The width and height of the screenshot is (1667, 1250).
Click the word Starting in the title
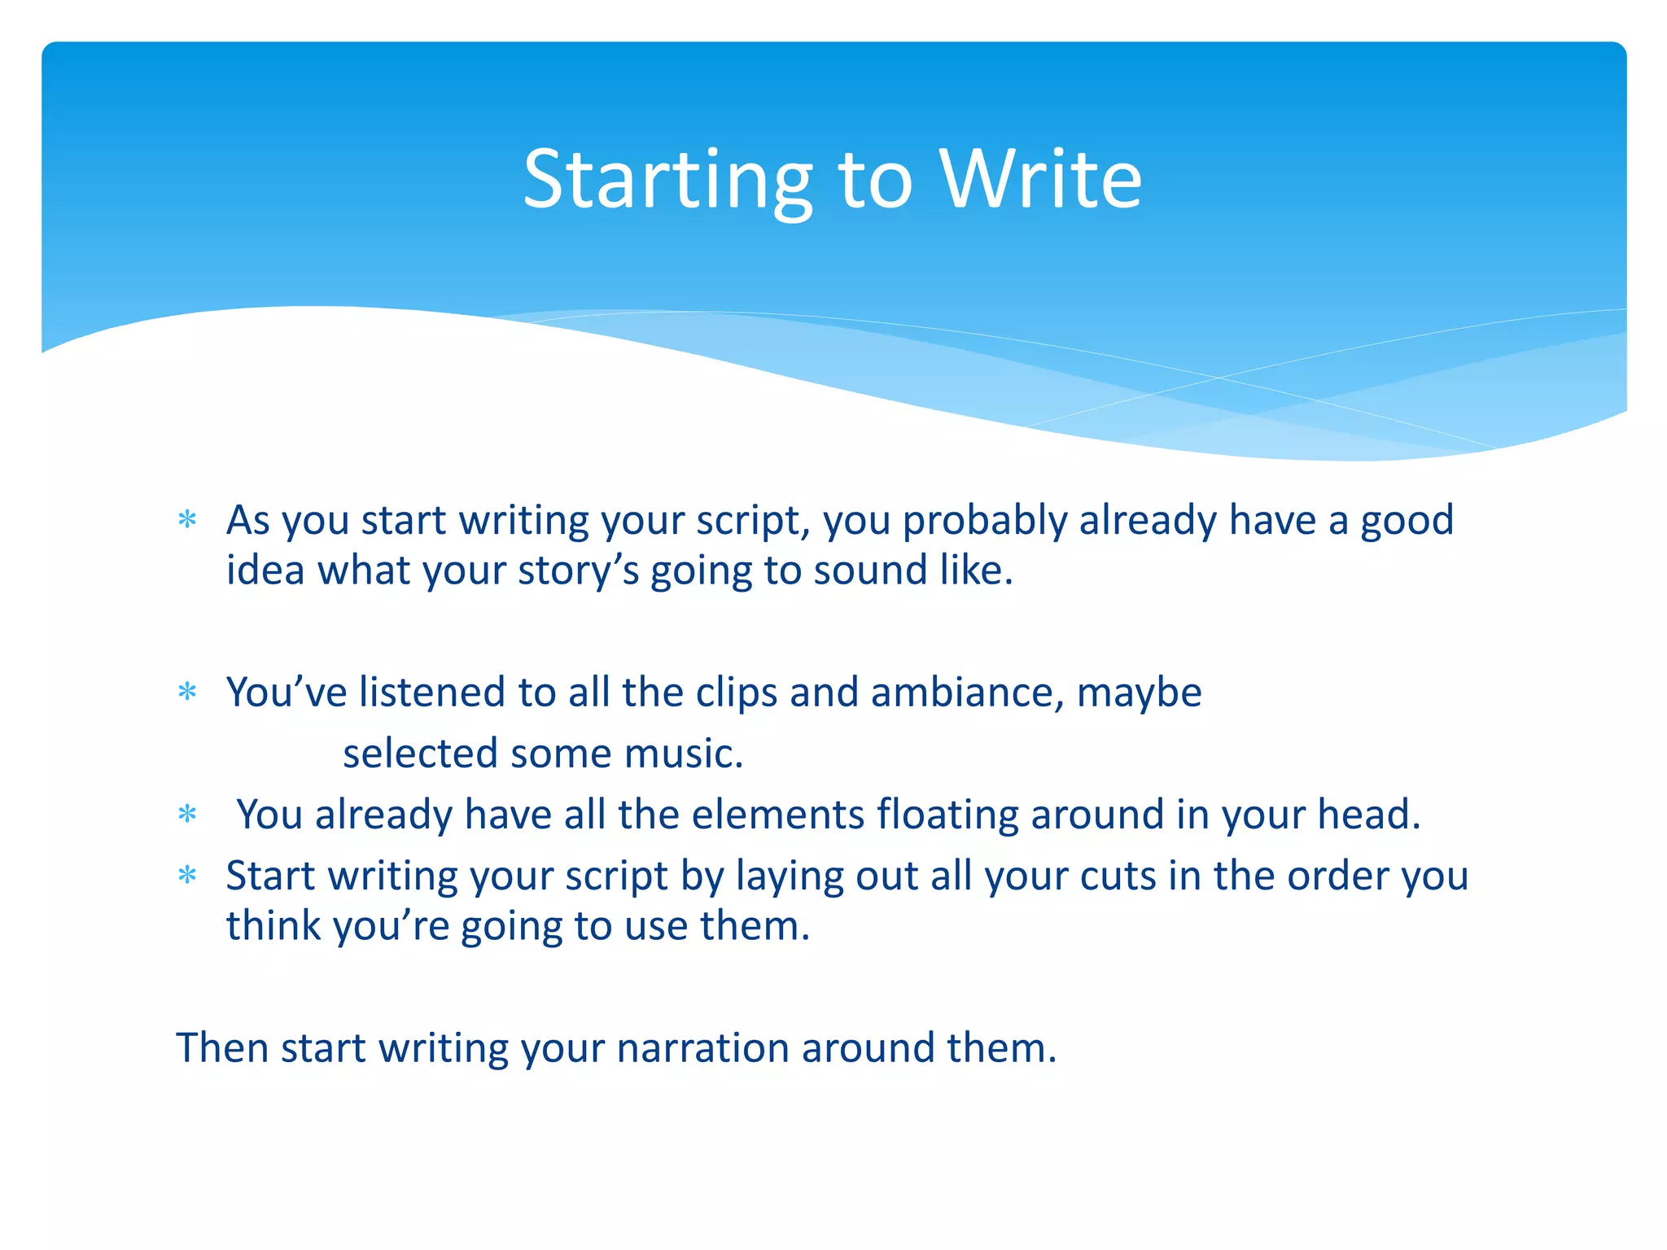point(667,181)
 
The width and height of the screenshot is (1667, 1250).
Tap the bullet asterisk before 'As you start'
point(187,519)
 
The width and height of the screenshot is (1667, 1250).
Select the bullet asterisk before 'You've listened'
point(187,692)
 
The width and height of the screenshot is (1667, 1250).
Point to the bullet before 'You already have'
point(187,814)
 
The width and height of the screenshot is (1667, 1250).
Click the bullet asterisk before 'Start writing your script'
point(187,876)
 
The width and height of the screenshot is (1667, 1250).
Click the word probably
point(985,521)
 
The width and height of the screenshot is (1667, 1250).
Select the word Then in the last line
point(222,1048)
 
